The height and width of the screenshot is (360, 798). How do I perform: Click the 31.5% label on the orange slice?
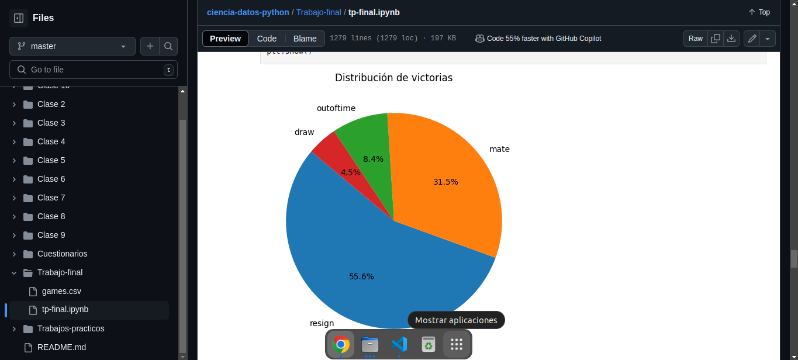[x=445, y=182]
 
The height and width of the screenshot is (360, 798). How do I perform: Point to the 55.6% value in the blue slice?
[x=361, y=276]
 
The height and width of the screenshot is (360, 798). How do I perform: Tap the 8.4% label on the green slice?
[x=373, y=159]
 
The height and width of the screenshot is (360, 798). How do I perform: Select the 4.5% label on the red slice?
[x=351, y=172]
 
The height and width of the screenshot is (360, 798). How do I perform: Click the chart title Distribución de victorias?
[x=393, y=78]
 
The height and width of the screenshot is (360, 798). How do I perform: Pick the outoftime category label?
[x=336, y=108]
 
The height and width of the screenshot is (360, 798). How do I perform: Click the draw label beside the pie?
[x=304, y=132]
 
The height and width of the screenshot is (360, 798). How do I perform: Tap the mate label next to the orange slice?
[x=499, y=149]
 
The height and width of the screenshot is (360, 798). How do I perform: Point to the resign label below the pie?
[x=322, y=323]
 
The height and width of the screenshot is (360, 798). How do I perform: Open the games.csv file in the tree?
[x=61, y=291]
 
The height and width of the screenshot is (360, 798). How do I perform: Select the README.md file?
[x=61, y=347]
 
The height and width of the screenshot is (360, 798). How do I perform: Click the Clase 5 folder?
[x=51, y=160]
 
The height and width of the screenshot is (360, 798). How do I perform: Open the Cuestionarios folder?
[x=62, y=254]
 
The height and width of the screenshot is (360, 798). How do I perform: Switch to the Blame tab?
[x=305, y=39]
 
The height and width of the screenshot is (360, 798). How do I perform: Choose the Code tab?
[x=267, y=39]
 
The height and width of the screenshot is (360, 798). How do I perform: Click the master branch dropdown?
[x=72, y=46]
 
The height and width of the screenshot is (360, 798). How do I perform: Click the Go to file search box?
[x=94, y=70]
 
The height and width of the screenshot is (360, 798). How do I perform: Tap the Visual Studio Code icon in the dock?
[x=399, y=344]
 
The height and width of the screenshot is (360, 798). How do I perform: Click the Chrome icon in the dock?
[x=341, y=344]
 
